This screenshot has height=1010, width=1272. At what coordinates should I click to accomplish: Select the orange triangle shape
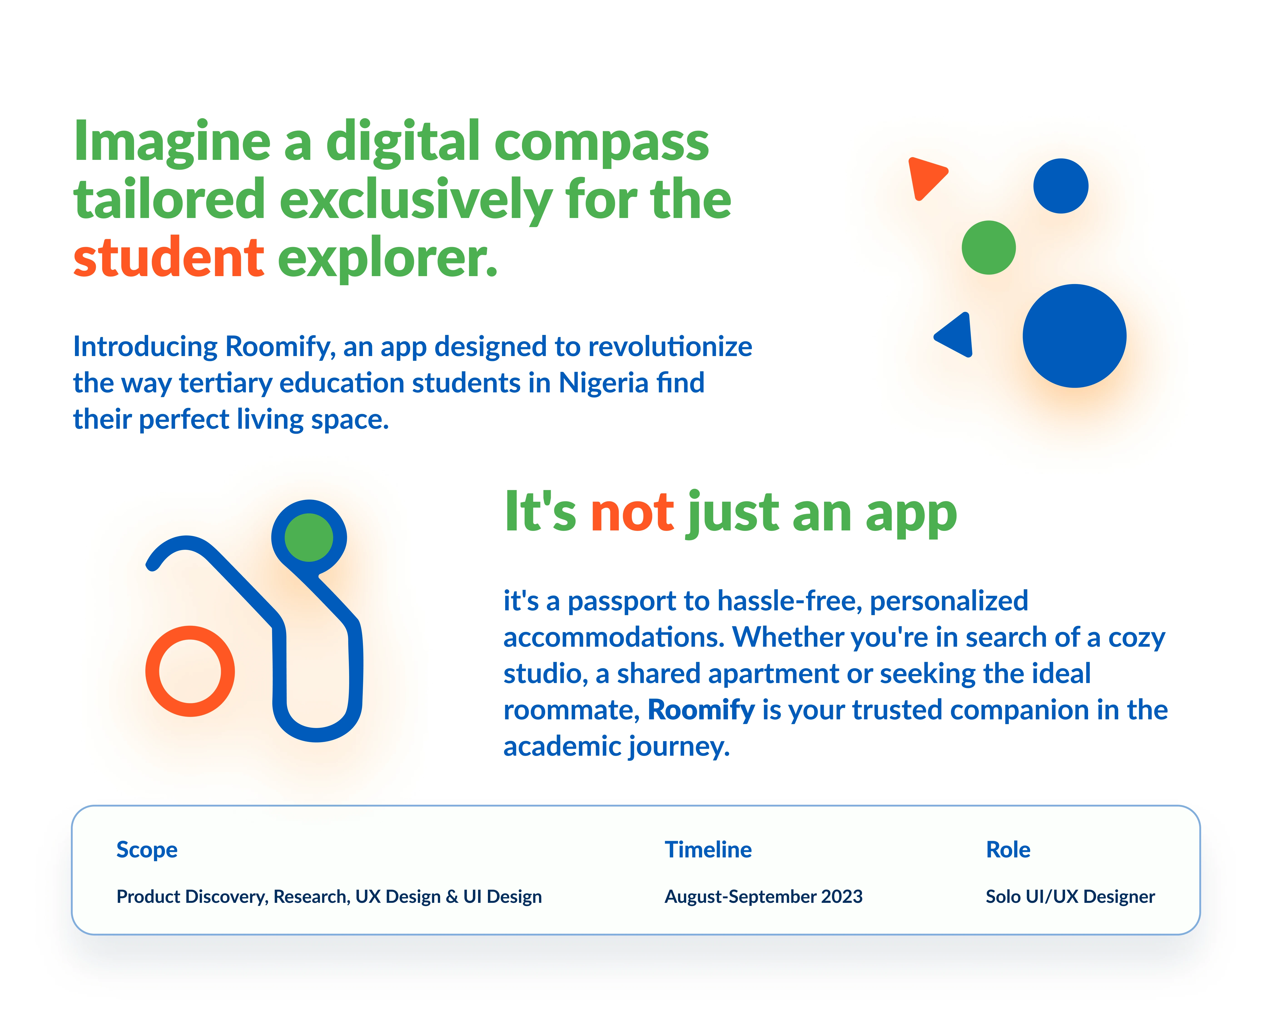click(x=926, y=177)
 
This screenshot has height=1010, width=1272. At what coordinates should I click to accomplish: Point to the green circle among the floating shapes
click(x=989, y=247)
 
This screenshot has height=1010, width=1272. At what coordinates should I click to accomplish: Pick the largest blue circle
click(x=1074, y=336)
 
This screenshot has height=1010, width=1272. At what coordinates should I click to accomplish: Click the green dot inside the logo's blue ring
click(x=308, y=537)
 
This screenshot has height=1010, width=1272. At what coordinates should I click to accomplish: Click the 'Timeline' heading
click(x=708, y=849)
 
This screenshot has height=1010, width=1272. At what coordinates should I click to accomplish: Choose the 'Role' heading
click(x=1008, y=849)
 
